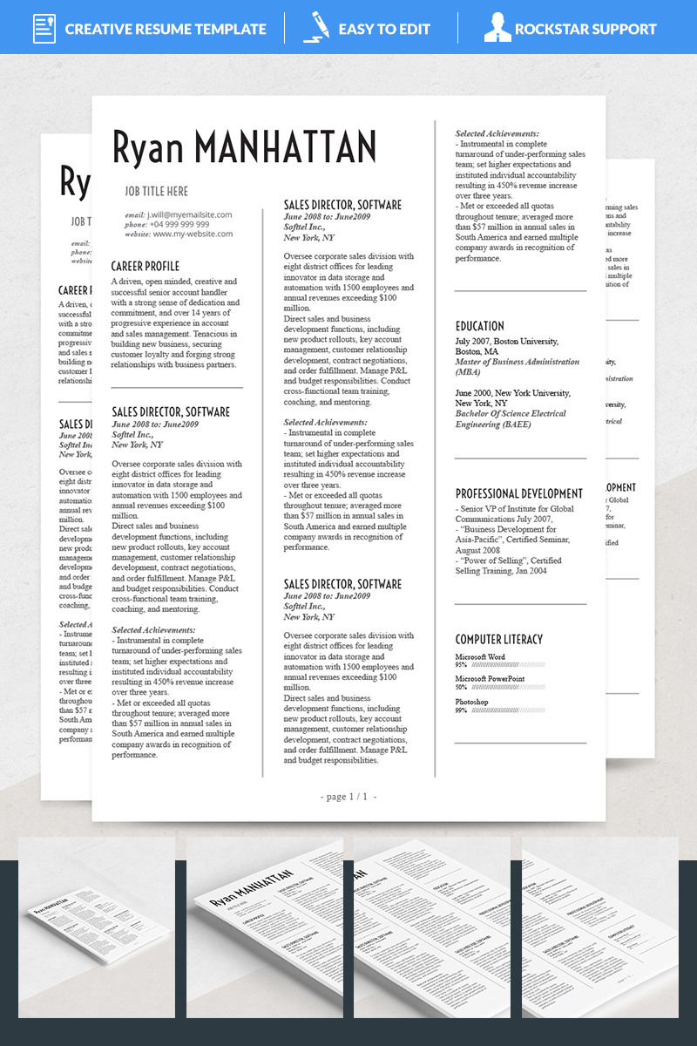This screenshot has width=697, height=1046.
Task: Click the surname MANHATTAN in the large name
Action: pos(286,146)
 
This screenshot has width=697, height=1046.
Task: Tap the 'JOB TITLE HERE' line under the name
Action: pos(156,191)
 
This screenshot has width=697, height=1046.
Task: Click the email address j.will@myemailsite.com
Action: pos(189,214)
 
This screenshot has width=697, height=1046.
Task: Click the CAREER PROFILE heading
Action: pos(145,266)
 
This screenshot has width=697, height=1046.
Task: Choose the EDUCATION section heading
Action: pos(479,326)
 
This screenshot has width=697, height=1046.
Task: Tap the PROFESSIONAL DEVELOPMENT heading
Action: pos(519,493)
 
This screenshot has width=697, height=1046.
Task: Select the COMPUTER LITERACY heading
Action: pos(498,639)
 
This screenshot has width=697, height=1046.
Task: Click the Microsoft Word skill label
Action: pos(480,656)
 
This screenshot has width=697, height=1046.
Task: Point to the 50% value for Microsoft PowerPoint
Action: pos(461,687)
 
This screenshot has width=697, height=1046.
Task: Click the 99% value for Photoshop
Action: pos(461,710)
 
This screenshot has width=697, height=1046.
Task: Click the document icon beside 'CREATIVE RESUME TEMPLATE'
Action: pos(44,28)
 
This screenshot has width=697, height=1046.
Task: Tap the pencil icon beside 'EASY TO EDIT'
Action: pos(315,28)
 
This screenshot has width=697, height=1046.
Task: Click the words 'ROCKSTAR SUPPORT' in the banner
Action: pos(585,29)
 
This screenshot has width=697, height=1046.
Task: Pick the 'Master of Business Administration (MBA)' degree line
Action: pos(517,366)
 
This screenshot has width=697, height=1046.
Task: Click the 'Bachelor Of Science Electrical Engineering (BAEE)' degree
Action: pos(511,419)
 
